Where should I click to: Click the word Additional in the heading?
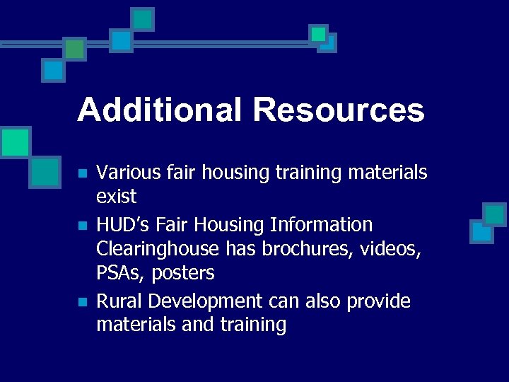tap(158, 110)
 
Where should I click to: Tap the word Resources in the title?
tap(338, 110)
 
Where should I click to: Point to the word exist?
tap(116, 196)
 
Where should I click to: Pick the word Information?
tap(321, 225)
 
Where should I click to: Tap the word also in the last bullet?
tap(321, 301)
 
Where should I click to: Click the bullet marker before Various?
tap(82, 173)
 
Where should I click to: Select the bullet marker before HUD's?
tap(82, 226)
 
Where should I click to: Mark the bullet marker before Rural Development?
tap(82, 302)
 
